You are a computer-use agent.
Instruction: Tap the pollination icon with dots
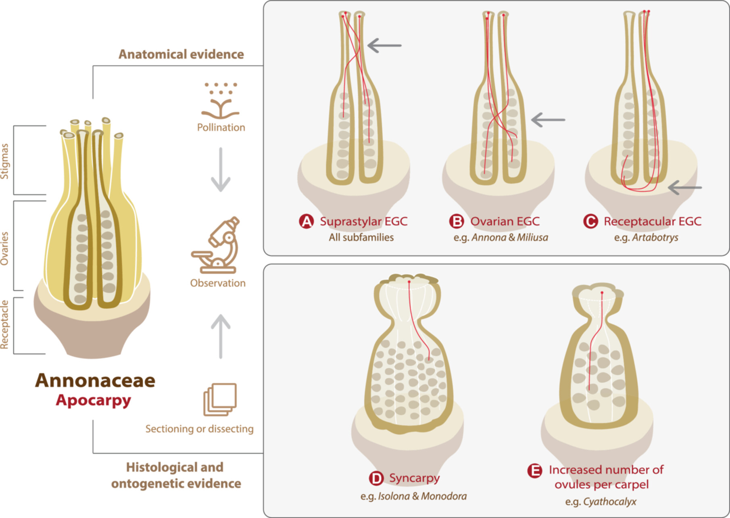click(x=220, y=100)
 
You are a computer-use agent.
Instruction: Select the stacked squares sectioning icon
click(x=220, y=399)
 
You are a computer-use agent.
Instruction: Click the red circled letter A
click(x=307, y=221)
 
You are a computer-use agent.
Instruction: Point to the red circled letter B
click(x=457, y=221)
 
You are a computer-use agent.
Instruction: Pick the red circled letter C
click(x=590, y=221)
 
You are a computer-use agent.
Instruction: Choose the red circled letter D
click(x=376, y=478)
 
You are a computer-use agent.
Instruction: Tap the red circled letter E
click(x=535, y=470)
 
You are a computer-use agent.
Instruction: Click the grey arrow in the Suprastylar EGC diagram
click(x=384, y=45)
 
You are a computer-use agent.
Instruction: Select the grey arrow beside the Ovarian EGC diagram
click(x=548, y=120)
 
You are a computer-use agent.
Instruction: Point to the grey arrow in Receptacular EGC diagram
click(x=685, y=188)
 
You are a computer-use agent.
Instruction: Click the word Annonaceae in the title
click(x=95, y=380)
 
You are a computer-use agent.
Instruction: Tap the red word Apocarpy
click(x=94, y=400)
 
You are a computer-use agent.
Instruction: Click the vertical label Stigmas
click(x=4, y=161)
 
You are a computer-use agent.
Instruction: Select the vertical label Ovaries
click(x=4, y=249)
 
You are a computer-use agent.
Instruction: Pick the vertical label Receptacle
click(x=4, y=324)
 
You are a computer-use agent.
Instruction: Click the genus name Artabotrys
click(x=655, y=237)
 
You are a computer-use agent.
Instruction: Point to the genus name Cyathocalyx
click(x=609, y=502)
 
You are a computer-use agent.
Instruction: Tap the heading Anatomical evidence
click(x=181, y=54)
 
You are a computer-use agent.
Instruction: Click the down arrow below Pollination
click(x=221, y=169)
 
